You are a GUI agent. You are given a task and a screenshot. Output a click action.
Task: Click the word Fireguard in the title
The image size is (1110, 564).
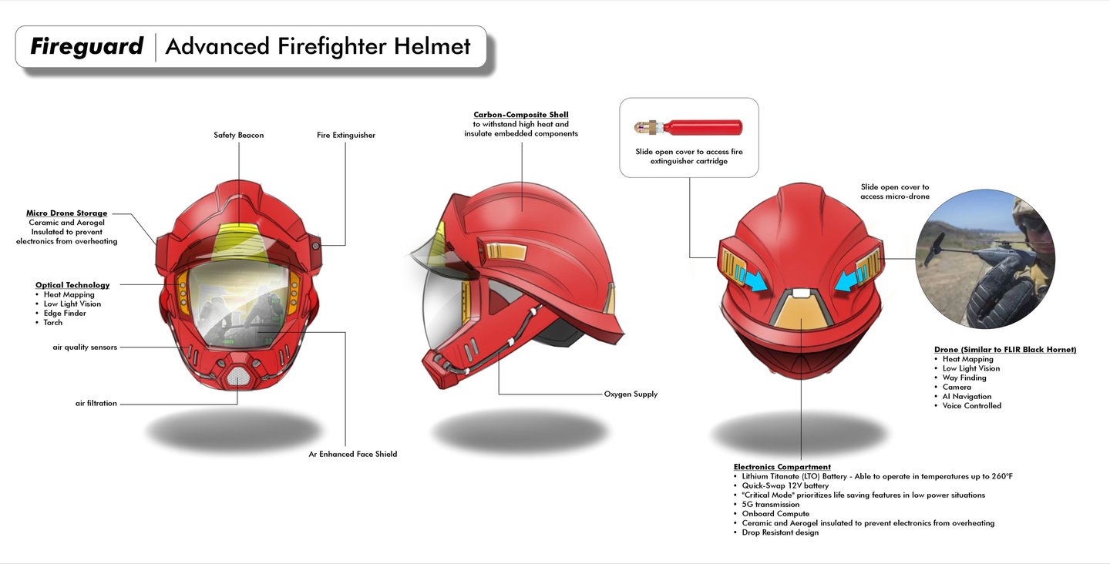point(86,47)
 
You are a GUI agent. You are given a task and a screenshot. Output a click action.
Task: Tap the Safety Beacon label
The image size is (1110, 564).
point(238,136)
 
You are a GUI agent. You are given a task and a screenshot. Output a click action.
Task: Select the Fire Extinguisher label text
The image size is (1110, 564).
point(345,136)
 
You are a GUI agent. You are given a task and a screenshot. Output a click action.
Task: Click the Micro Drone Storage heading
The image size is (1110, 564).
point(66,213)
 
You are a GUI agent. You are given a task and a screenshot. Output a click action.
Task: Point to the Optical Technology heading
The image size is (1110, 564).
point(72,285)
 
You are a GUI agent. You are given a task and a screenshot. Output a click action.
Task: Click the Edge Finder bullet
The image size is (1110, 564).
point(65,314)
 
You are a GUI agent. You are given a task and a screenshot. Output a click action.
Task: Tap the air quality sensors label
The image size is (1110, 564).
point(80,347)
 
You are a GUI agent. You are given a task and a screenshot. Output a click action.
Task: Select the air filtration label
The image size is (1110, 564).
point(96,403)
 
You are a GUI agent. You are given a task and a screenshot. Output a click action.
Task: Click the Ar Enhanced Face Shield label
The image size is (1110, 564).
point(352,455)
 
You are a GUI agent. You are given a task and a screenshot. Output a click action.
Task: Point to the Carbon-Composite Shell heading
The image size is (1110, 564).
point(521,115)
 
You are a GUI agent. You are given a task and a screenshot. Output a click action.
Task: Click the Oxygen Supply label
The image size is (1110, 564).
point(631,394)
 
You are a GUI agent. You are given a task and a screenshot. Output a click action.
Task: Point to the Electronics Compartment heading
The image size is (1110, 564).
point(782,467)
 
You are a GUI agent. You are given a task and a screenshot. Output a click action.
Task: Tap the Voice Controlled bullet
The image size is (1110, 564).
point(971,406)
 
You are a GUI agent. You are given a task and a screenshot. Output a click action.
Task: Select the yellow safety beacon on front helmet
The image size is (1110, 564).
point(237,240)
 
